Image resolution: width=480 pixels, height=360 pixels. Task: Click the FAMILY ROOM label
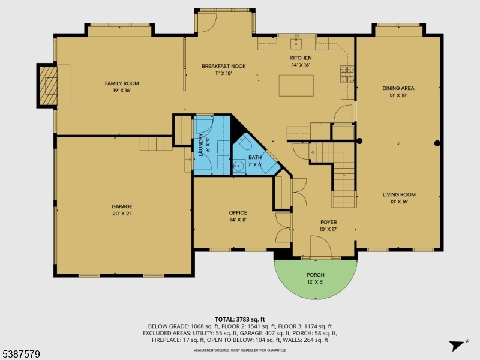[x=118, y=87]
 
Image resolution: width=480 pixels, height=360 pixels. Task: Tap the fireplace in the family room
[x=47, y=86]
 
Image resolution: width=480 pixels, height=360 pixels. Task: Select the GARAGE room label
[x=122, y=210]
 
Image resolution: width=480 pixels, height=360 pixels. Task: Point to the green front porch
[x=315, y=277]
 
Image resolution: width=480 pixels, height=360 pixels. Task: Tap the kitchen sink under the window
[x=296, y=43]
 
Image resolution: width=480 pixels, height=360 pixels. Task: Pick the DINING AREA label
[x=398, y=92]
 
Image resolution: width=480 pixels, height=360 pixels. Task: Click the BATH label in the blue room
[x=255, y=160]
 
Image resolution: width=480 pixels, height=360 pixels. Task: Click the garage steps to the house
[x=155, y=143]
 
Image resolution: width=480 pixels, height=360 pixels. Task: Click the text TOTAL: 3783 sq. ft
[x=240, y=319]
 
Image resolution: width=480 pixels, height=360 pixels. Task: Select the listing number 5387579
[x=21, y=355]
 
